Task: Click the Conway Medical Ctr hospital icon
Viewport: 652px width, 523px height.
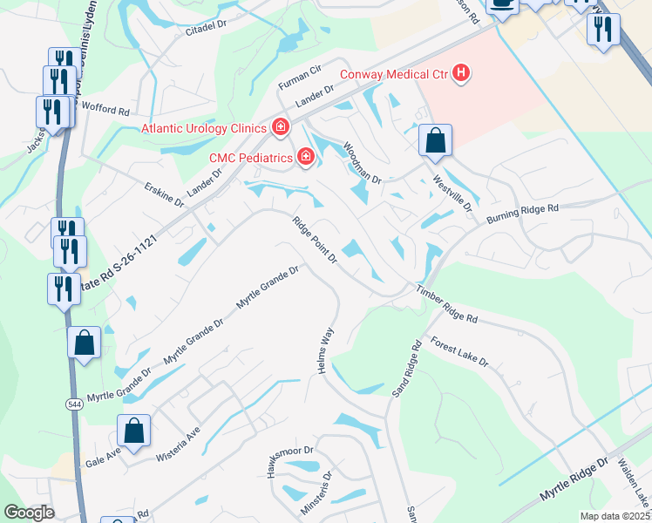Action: pyautogui.click(x=461, y=74)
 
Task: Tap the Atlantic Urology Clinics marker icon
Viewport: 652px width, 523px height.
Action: pyautogui.click(x=280, y=128)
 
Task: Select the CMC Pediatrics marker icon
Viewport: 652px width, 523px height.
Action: pyautogui.click(x=305, y=157)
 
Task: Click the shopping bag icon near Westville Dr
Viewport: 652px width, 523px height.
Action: pyautogui.click(x=435, y=140)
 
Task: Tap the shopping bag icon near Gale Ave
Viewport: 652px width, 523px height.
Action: pyautogui.click(x=133, y=430)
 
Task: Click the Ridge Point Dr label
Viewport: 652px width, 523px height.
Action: pyautogui.click(x=315, y=240)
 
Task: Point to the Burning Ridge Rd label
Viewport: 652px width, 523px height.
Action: pyautogui.click(x=521, y=212)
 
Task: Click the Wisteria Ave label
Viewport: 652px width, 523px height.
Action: pyautogui.click(x=179, y=444)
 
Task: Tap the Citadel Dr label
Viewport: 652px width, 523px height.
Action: pyautogui.click(x=206, y=31)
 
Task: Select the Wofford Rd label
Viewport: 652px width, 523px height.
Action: pyautogui.click(x=106, y=112)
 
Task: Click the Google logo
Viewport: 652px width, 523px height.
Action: pyautogui.click(x=29, y=513)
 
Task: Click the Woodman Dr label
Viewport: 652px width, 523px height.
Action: pyautogui.click(x=362, y=163)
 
